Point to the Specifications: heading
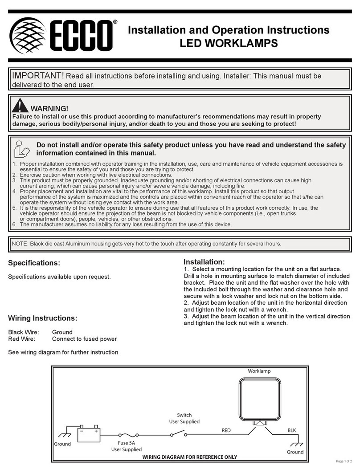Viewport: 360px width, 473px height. point(34,263)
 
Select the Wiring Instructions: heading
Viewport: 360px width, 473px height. point(43,318)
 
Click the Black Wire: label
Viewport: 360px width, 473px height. point(24,332)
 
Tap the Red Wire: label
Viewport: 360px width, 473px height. point(22,338)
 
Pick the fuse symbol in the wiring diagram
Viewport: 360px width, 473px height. point(129,435)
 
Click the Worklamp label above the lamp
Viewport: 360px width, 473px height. point(259,371)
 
